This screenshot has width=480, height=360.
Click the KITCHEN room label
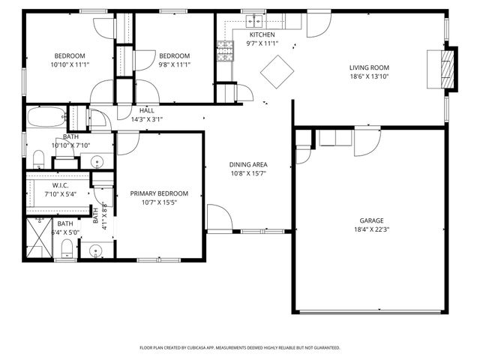pyautogui.click(x=262, y=34)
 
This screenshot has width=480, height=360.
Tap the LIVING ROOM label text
pyautogui.click(x=369, y=67)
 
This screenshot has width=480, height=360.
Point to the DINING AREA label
pyautogui.click(x=248, y=164)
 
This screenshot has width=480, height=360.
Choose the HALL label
pyautogui.click(x=147, y=110)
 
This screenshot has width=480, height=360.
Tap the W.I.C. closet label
pyautogui.click(x=61, y=184)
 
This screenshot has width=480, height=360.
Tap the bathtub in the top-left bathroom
pyautogui.click(x=45, y=118)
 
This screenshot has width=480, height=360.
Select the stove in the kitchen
pyautogui.click(x=224, y=50)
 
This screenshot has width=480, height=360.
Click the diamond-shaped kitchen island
pyautogui.click(x=277, y=71)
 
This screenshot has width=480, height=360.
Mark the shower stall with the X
pyautogui.click(x=39, y=237)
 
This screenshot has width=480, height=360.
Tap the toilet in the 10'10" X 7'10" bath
pyautogui.click(x=38, y=158)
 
